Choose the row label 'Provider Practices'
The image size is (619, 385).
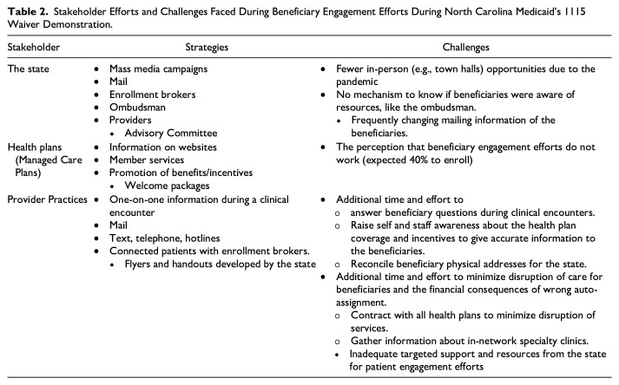click(46, 198)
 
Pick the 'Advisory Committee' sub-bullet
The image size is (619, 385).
click(172, 134)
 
